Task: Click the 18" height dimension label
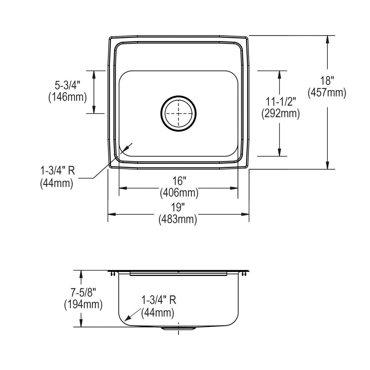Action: (327, 81)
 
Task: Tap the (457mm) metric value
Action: (327, 92)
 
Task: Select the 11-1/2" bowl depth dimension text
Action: (281, 101)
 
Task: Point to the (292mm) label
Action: (281, 113)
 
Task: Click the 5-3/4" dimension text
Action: (67, 85)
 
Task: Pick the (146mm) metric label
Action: (67, 97)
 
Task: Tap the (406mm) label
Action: (179, 193)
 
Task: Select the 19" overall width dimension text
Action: (178, 207)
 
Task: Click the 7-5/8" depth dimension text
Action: (83, 292)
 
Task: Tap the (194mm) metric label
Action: (83, 305)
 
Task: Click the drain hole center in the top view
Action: (179, 113)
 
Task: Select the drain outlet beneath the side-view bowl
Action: (178, 329)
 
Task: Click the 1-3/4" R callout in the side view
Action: (158, 300)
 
